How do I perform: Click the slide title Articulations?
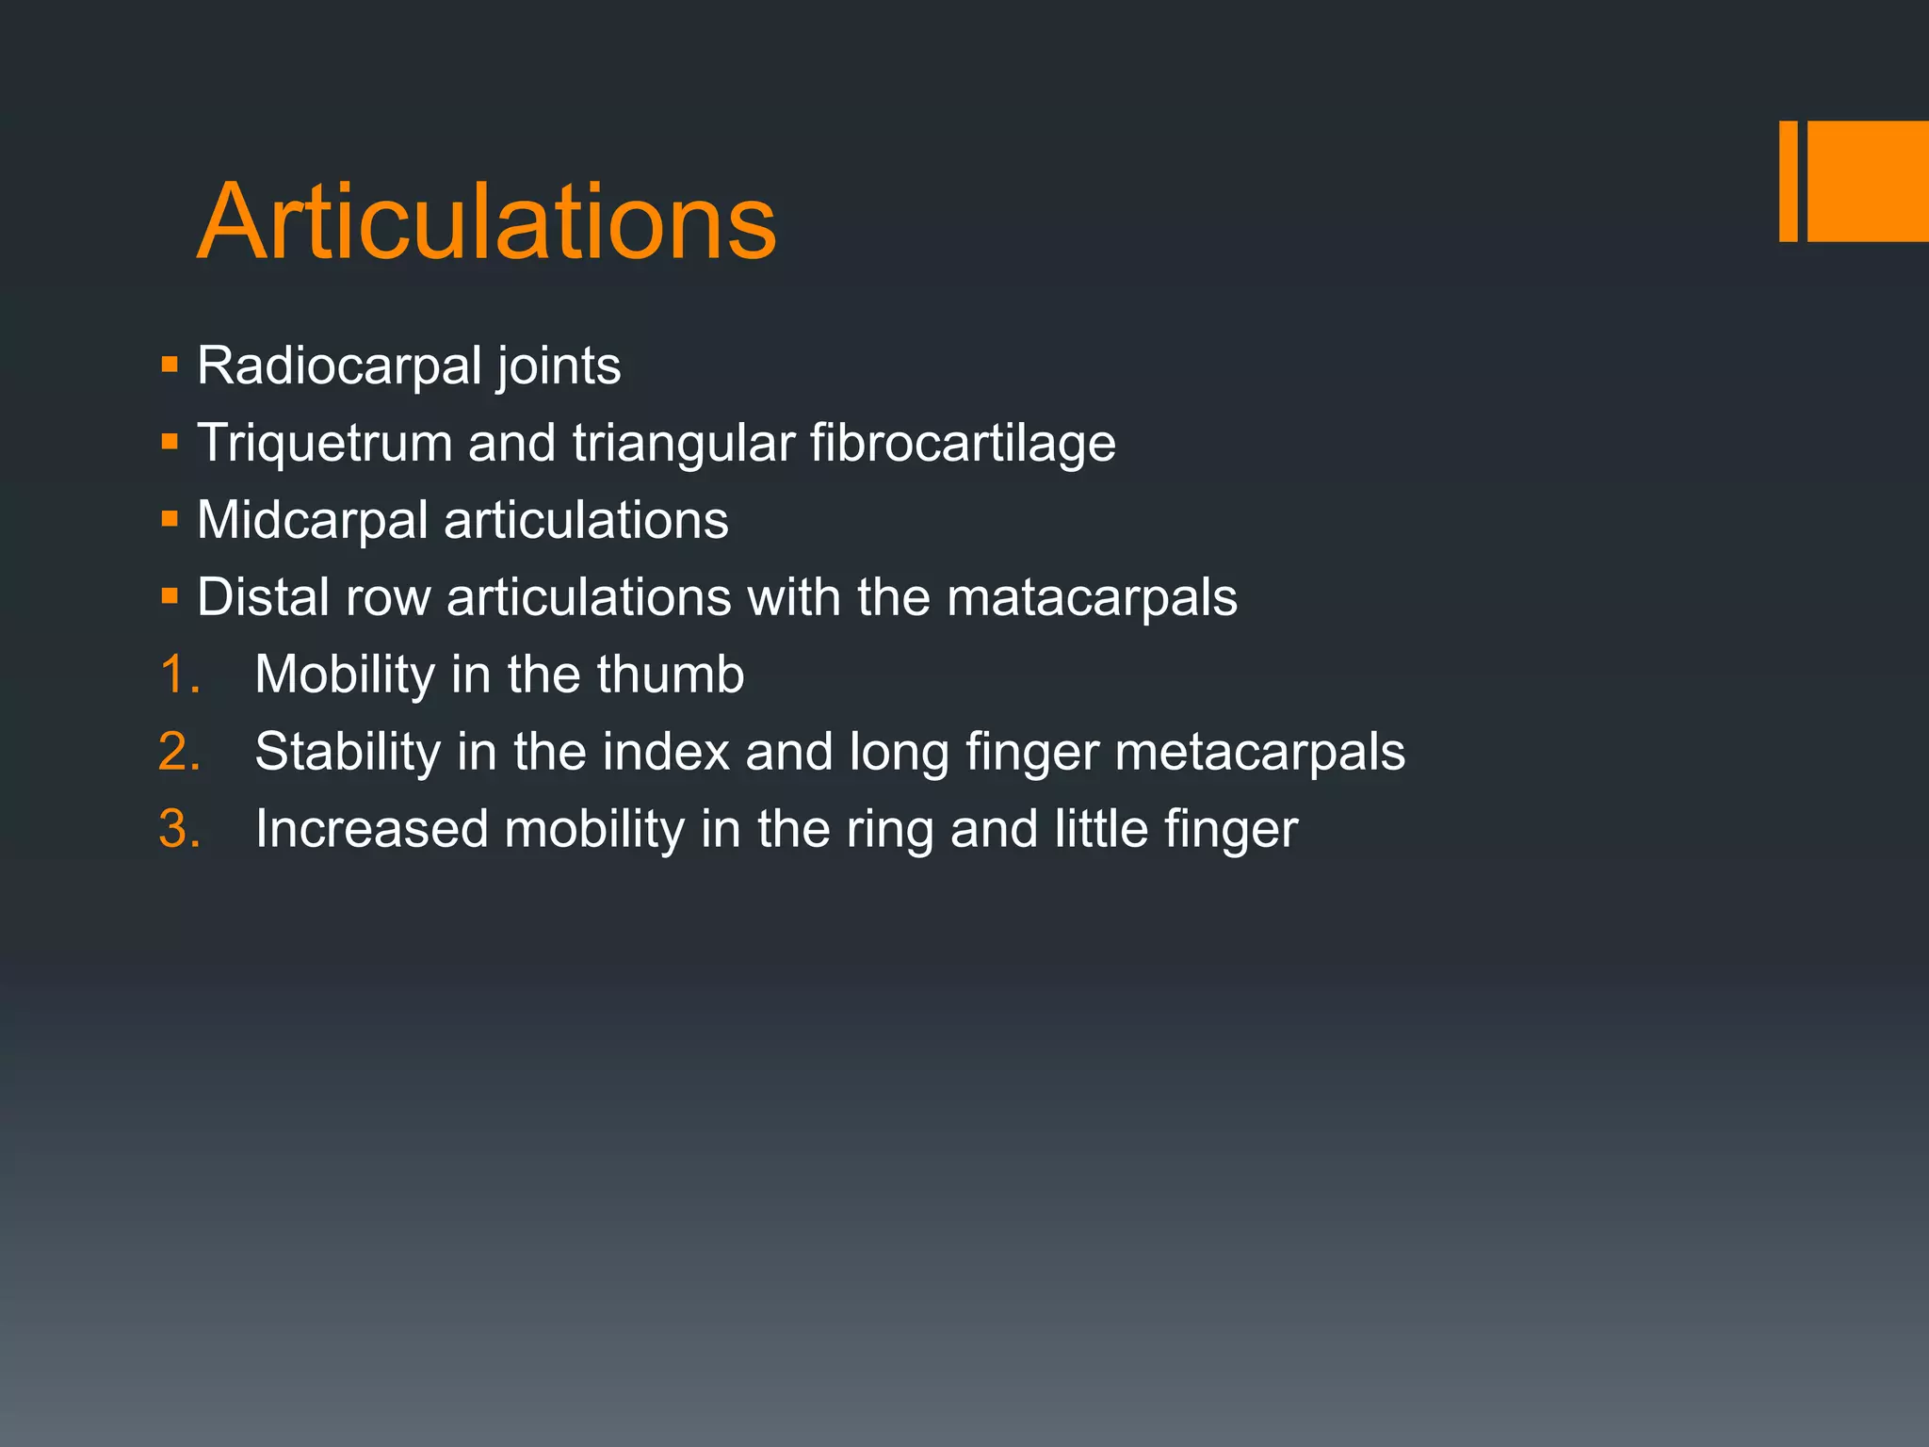click(486, 222)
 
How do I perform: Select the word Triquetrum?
click(324, 443)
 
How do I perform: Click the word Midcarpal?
click(313, 520)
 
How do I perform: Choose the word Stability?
click(348, 752)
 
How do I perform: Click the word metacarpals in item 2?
click(1259, 752)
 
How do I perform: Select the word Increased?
click(371, 829)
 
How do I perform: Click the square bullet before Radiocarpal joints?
click(170, 365)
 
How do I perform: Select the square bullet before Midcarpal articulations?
click(170, 519)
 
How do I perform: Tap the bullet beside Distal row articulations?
click(170, 596)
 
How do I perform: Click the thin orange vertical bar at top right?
click(1788, 181)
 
